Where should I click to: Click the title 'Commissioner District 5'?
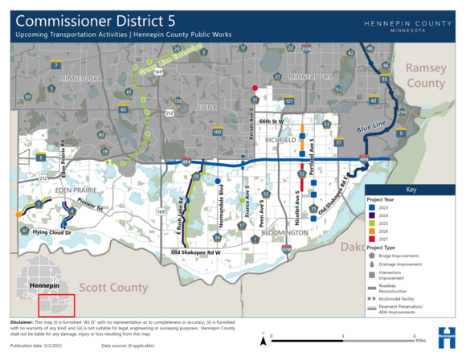96,18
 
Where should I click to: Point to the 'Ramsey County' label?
425,76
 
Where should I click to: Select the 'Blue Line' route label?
373,127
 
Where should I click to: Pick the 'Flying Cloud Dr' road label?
51,233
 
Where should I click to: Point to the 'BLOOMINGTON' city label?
284,232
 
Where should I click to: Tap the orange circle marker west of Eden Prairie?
18,215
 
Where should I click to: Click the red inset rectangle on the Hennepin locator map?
56,305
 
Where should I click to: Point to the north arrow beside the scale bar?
264,340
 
